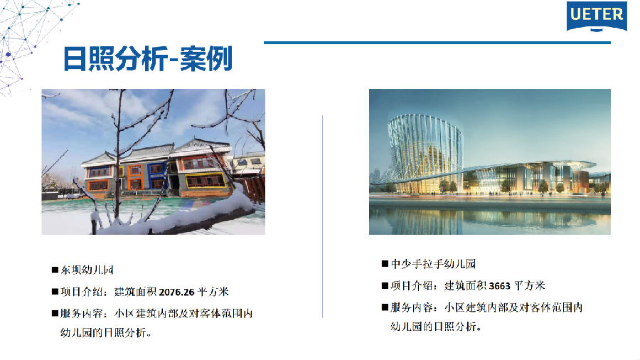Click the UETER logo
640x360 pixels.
597,16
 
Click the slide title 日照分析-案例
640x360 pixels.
148,59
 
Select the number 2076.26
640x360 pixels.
176,292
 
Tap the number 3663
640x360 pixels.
500,286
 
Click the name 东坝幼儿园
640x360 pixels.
87,270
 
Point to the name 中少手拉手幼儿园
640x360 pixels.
434,264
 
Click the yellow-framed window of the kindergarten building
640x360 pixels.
206,181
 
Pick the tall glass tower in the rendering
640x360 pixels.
425,153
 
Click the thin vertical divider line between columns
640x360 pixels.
322,216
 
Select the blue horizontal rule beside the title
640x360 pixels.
437,43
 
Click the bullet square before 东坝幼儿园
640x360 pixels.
55,270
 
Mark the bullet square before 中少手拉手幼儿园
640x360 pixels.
385,264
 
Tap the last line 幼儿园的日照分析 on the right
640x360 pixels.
435,327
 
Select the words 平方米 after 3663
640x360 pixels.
530,286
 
